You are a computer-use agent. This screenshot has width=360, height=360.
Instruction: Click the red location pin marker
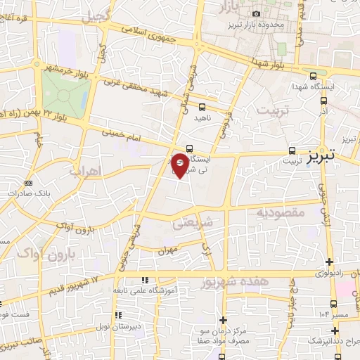pyautogui.click(x=180, y=164)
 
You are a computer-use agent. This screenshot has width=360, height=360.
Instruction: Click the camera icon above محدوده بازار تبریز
pyautogui.click(x=256, y=14)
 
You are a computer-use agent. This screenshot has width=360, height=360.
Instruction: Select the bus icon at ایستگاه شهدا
pyautogui.click(x=313, y=76)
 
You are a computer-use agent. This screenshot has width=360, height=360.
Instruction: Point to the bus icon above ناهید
pyautogui.click(x=202, y=107)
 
